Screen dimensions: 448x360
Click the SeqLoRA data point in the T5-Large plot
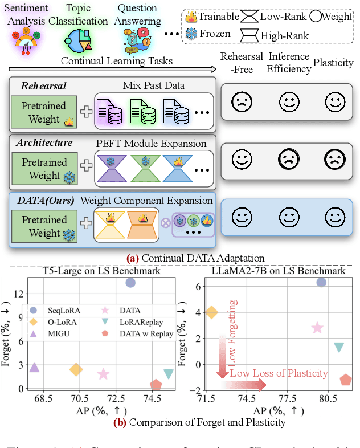pos(130,282)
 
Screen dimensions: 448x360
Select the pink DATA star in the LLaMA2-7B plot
pos(317,328)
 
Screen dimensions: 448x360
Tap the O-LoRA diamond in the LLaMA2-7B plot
pos(211,312)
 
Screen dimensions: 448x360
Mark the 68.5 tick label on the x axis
pos(43,399)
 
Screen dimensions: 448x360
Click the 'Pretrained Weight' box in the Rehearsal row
pos(44,112)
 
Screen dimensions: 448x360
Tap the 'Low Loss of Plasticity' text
pos(279,373)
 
